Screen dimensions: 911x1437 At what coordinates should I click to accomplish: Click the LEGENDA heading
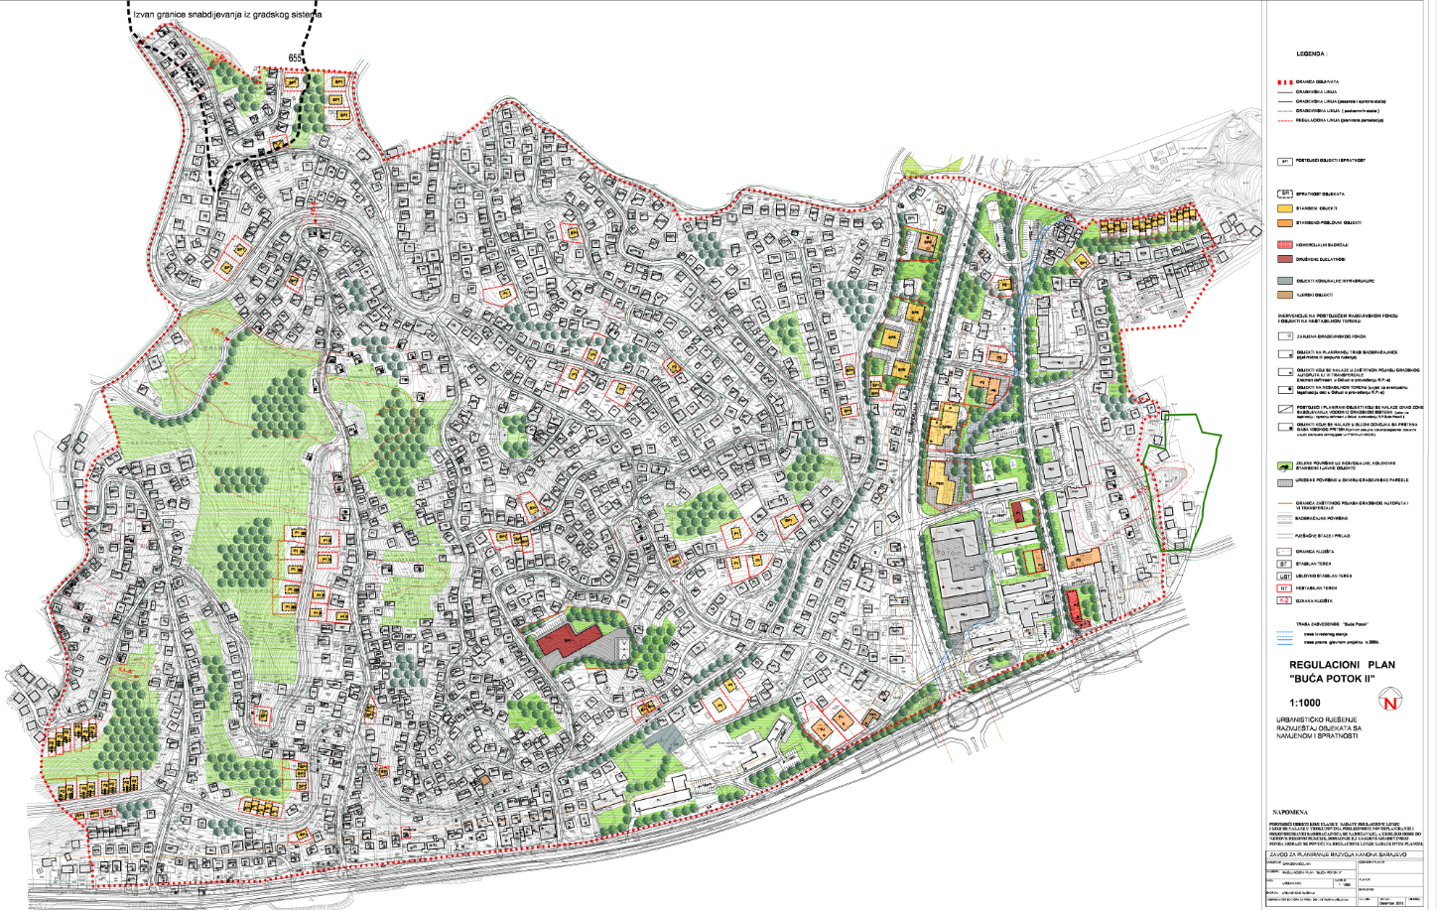(1310, 55)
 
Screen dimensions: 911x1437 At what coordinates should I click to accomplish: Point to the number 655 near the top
(295, 59)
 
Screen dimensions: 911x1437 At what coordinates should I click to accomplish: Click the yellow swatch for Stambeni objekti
(1284, 208)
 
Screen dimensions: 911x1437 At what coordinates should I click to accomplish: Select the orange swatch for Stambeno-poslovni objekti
(1284, 223)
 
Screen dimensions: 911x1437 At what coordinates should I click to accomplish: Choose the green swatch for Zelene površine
(1284, 465)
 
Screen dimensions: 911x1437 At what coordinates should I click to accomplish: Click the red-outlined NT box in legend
(1284, 588)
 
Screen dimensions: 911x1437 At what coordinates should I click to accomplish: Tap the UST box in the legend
(1284, 576)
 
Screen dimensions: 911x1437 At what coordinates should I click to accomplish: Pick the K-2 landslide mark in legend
(1284, 601)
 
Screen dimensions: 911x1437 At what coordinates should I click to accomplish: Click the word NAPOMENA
(1290, 812)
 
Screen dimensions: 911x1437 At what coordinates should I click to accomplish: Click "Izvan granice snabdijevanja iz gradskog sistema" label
(227, 15)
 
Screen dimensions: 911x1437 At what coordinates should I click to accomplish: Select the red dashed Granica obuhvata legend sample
(1284, 81)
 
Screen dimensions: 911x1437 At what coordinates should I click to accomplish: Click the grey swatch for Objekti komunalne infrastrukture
(1284, 281)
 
